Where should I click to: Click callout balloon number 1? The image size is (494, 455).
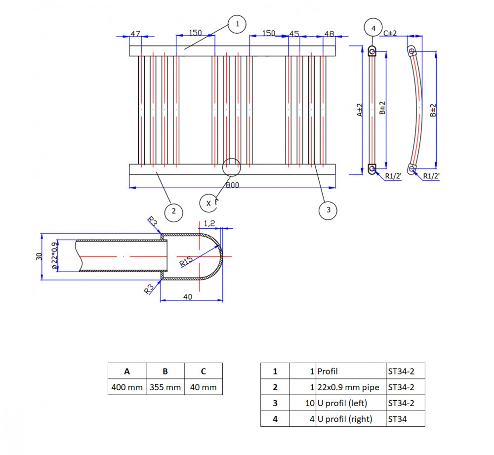pos(237,24)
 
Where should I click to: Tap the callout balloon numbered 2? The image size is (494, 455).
pos(173,211)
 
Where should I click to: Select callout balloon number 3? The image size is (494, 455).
pos(328,210)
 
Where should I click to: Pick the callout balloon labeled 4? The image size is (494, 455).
pos(373,28)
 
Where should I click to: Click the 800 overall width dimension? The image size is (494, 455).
pos(232,185)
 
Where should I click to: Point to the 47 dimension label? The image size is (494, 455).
pos(135,34)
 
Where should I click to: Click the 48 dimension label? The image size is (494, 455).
pos(329,34)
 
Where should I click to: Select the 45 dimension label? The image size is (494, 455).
pos(294,34)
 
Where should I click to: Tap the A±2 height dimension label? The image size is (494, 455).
pos(360,110)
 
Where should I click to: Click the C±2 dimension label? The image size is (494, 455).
pos(391,33)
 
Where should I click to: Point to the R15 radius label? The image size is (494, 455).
pos(186,260)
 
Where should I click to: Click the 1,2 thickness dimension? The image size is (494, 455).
pos(209,223)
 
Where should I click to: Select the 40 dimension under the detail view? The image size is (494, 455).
pos(188,297)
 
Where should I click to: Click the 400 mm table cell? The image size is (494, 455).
pos(127,387)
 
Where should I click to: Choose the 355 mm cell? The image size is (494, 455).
pos(165,387)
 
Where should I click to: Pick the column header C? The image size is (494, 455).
pos(203,372)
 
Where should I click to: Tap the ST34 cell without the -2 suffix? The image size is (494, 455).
pos(405,419)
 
